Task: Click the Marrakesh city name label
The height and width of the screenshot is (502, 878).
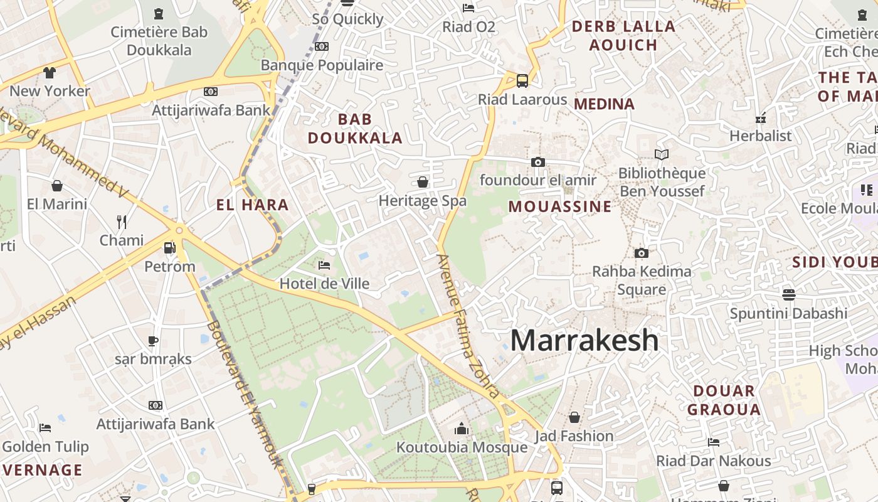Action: coord(584,340)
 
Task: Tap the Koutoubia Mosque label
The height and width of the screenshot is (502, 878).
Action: coord(462,447)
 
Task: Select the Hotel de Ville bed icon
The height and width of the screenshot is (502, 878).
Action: coord(324,265)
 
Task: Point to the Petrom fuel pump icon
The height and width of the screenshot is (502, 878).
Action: coord(169,248)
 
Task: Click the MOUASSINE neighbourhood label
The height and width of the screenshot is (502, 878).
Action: coord(559,206)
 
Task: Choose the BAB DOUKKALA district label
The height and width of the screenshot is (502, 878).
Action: coord(355,129)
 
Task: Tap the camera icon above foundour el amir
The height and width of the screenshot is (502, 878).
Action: coord(537,162)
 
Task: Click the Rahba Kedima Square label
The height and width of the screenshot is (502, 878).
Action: coord(642,280)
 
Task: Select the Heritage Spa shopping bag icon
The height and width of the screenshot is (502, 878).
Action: coord(423,182)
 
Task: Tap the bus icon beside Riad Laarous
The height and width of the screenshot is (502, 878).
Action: coord(522,80)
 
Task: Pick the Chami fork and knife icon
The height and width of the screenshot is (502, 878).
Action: coord(122,222)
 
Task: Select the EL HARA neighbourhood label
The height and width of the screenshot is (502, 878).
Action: coord(252,205)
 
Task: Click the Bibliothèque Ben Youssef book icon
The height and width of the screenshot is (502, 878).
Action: coord(662,154)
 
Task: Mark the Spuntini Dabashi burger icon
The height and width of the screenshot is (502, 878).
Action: coord(789,294)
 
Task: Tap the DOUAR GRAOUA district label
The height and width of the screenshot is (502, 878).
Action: coord(724,400)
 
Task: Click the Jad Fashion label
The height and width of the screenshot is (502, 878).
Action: coord(574,435)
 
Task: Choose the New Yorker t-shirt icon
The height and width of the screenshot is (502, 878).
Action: coord(50,72)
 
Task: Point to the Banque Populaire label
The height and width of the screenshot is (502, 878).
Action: coord(322,65)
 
